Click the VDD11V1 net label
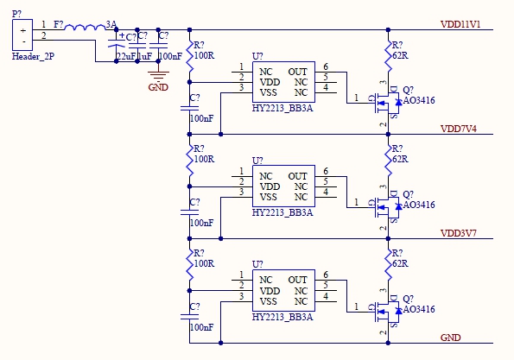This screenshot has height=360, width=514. point(460,24)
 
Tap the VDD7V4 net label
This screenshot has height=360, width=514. point(458,129)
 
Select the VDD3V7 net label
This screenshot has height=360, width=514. point(458,233)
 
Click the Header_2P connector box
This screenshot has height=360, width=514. point(22,35)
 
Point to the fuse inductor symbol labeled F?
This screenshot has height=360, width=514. point(86,28)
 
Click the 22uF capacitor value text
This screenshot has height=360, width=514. point(126,56)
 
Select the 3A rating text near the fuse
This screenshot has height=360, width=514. point(111,24)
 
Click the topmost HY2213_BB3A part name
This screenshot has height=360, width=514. point(282,109)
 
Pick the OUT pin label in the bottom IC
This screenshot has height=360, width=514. point(297,280)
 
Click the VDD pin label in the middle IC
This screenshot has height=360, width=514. point(270,186)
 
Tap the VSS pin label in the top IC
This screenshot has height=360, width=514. point(268,92)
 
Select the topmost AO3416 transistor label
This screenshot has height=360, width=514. point(419,100)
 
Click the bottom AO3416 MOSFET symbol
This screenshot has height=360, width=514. point(387,311)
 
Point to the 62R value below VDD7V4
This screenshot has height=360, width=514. point(400,159)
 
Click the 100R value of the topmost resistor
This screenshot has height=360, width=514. point(204,55)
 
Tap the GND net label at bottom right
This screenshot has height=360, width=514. point(450,338)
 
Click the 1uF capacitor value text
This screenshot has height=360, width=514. point(145,56)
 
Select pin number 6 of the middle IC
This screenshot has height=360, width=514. point(326,171)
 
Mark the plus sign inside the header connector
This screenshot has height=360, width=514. point(23,31)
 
